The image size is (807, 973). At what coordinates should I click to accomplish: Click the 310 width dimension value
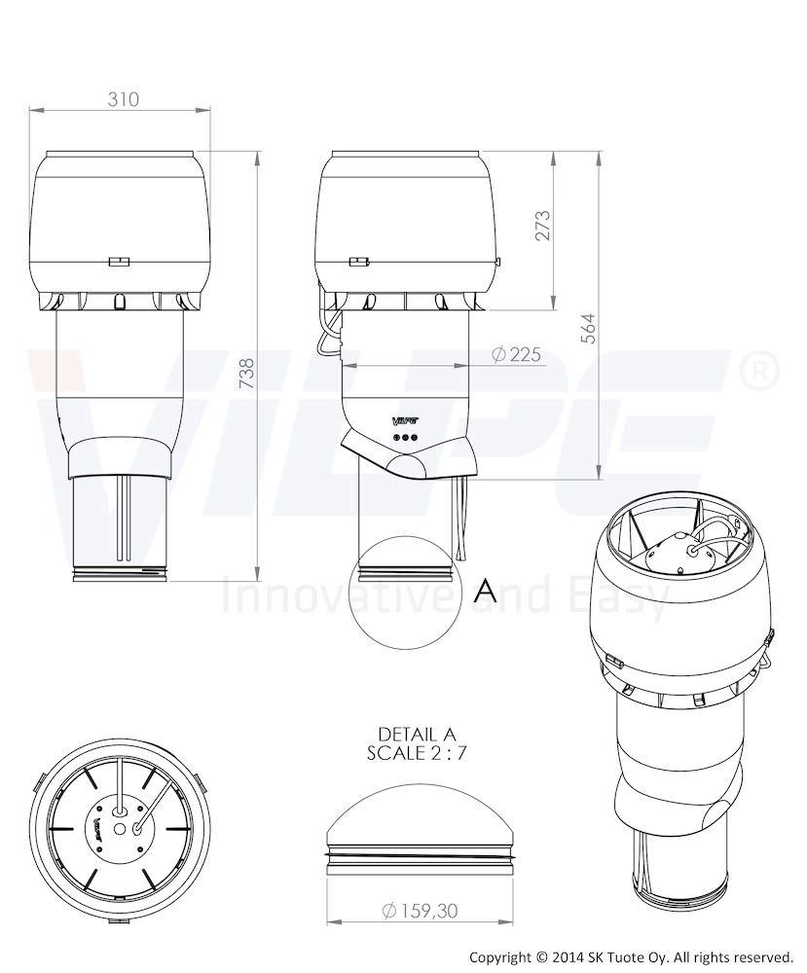tap(123, 98)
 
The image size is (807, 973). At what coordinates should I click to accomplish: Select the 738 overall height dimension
tap(247, 374)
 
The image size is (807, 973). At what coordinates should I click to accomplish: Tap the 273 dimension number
tap(542, 226)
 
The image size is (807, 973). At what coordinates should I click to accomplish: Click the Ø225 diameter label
tap(516, 354)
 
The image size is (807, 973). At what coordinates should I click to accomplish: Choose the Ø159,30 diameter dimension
tap(421, 911)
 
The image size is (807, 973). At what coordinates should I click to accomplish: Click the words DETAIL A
tap(417, 734)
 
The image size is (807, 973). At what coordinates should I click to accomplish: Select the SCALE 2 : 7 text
tap(417, 753)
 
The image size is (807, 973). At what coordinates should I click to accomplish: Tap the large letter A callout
tap(485, 592)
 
